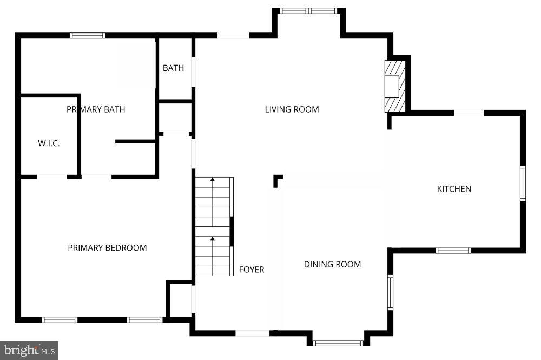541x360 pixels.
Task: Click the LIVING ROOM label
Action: (x=292, y=109)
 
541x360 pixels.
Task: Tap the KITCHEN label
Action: (x=454, y=189)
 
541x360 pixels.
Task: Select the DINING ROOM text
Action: (x=332, y=264)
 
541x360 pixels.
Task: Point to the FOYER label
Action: (x=252, y=269)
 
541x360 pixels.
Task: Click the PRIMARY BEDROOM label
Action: (x=107, y=248)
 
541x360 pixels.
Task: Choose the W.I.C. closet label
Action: (x=49, y=143)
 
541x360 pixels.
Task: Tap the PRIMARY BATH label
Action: (x=96, y=109)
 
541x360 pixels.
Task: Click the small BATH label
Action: (x=173, y=68)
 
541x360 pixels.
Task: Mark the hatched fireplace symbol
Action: (x=394, y=86)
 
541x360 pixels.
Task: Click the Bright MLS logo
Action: (x=29, y=350)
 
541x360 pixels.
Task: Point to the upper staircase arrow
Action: (x=213, y=179)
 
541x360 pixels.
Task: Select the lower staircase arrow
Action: (x=213, y=238)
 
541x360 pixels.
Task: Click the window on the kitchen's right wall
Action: (x=523, y=184)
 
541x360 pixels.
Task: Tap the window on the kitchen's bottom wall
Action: (x=453, y=250)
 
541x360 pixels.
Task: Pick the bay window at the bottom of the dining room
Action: (x=339, y=343)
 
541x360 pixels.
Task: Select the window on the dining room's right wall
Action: (x=390, y=292)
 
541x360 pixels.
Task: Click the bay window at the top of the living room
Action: (x=308, y=10)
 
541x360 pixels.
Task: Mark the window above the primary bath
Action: (x=88, y=36)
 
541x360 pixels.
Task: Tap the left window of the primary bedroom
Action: (x=60, y=319)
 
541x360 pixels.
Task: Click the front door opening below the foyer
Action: (x=253, y=333)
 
